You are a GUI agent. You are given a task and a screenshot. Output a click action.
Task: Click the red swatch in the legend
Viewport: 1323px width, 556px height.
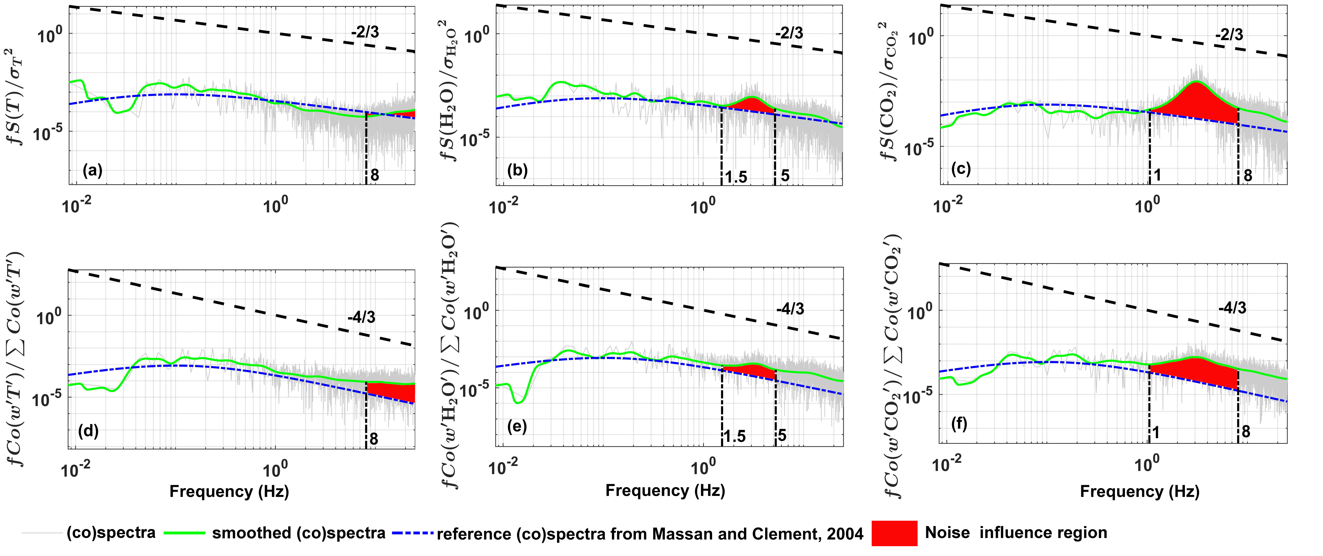point(894,533)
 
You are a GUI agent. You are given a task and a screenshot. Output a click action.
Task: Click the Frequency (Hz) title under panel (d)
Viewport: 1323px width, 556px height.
point(229,492)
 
